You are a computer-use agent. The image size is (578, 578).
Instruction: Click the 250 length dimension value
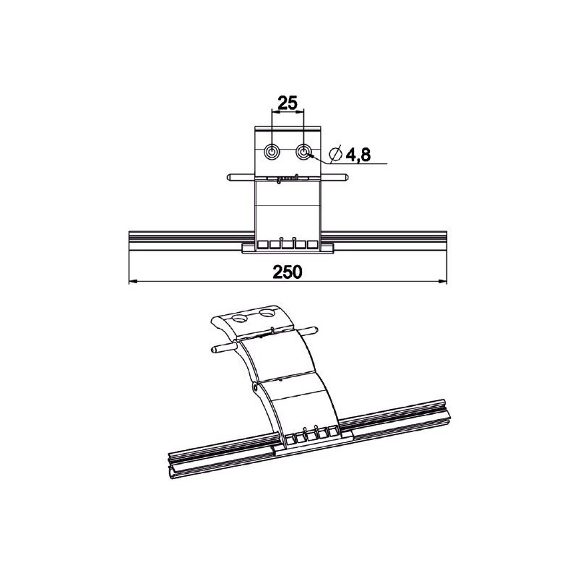288,271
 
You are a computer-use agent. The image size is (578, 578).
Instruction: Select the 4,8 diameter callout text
356,155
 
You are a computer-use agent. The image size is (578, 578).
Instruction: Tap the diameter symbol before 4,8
335,154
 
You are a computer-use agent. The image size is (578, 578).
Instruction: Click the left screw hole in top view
273,152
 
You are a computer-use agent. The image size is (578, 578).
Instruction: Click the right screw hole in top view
304,152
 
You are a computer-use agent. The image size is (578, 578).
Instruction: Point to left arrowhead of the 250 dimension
131,282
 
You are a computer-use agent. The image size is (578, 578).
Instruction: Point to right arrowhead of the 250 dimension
443,282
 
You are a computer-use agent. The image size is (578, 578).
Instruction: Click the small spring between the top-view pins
288,177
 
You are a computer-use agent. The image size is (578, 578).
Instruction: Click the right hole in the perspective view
269,314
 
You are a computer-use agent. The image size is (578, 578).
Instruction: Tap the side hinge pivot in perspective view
257,388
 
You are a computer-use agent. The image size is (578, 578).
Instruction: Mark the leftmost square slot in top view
264,244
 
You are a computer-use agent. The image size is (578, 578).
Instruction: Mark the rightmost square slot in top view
312,244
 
